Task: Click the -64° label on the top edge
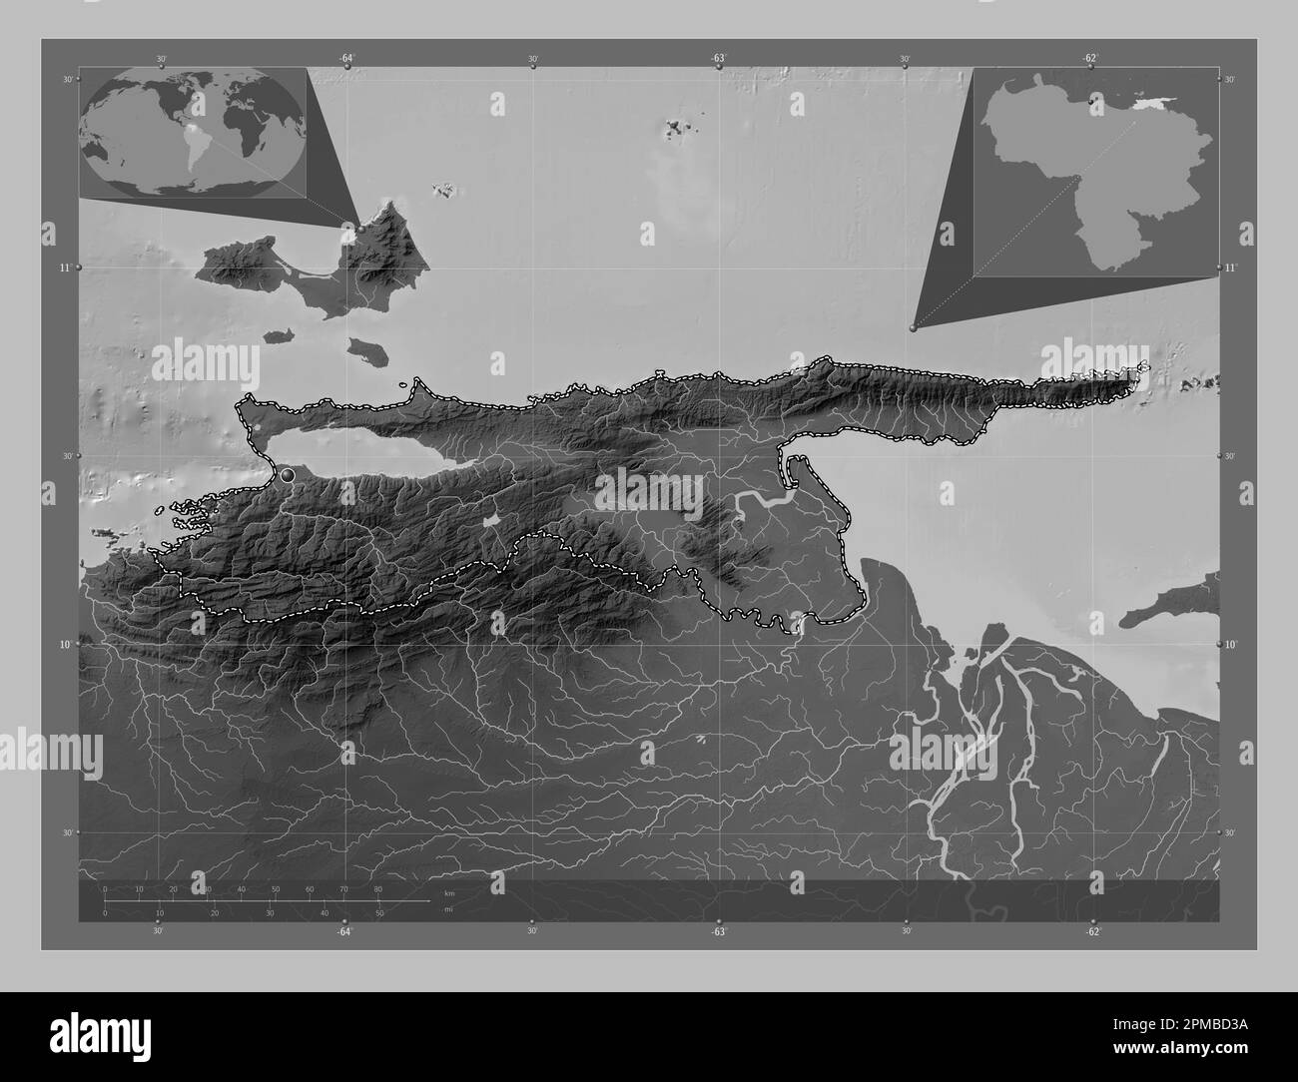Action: tap(345, 59)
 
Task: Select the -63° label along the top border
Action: tap(718, 59)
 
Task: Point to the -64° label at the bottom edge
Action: tap(344, 931)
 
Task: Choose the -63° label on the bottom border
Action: tap(718, 931)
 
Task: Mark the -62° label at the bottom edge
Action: tap(1092, 931)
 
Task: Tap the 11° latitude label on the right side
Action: tap(1231, 268)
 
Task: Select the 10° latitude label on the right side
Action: tap(1231, 644)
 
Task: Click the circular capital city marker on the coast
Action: tap(288, 475)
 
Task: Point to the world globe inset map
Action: tap(193, 132)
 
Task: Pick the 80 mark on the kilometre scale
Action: tap(377, 888)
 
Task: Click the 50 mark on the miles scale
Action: tap(379, 913)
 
